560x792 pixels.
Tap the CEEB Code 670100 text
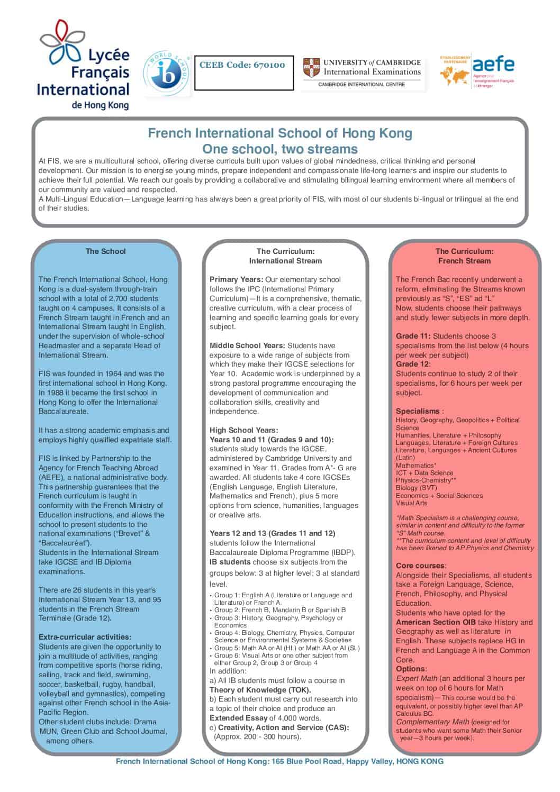(x=242, y=65)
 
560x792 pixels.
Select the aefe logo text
(x=493, y=65)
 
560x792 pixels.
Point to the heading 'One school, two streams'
(x=279, y=149)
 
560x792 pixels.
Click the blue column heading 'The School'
(x=105, y=251)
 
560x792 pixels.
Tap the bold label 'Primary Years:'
(x=236, y=279)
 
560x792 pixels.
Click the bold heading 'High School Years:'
(x=243, y=430)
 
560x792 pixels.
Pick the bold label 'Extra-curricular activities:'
(x=85, y=637)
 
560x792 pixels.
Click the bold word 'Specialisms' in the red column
(x=418, y=411)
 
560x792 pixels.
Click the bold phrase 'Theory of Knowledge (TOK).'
(x=260, y=690)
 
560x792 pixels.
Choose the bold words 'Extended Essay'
(x=238, y=718)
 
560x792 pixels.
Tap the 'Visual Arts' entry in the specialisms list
(x=411, y=503)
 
